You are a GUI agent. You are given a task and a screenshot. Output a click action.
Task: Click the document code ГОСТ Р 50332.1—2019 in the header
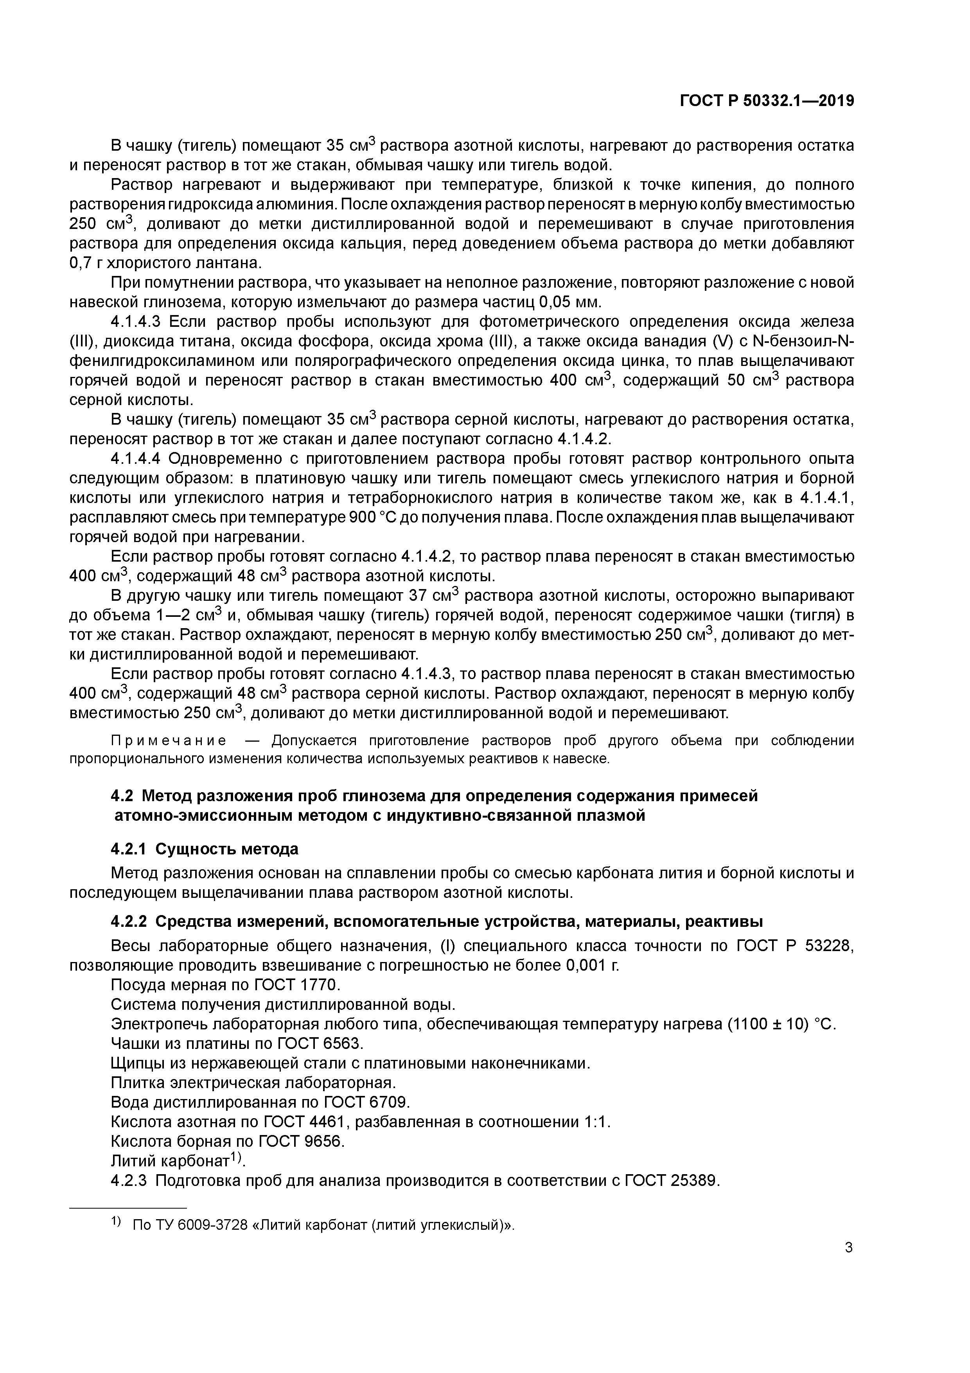[767, 101]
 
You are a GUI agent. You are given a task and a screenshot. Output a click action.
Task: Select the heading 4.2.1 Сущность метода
[205, 849]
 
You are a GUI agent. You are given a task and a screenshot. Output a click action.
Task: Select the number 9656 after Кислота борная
[323, 1142]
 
